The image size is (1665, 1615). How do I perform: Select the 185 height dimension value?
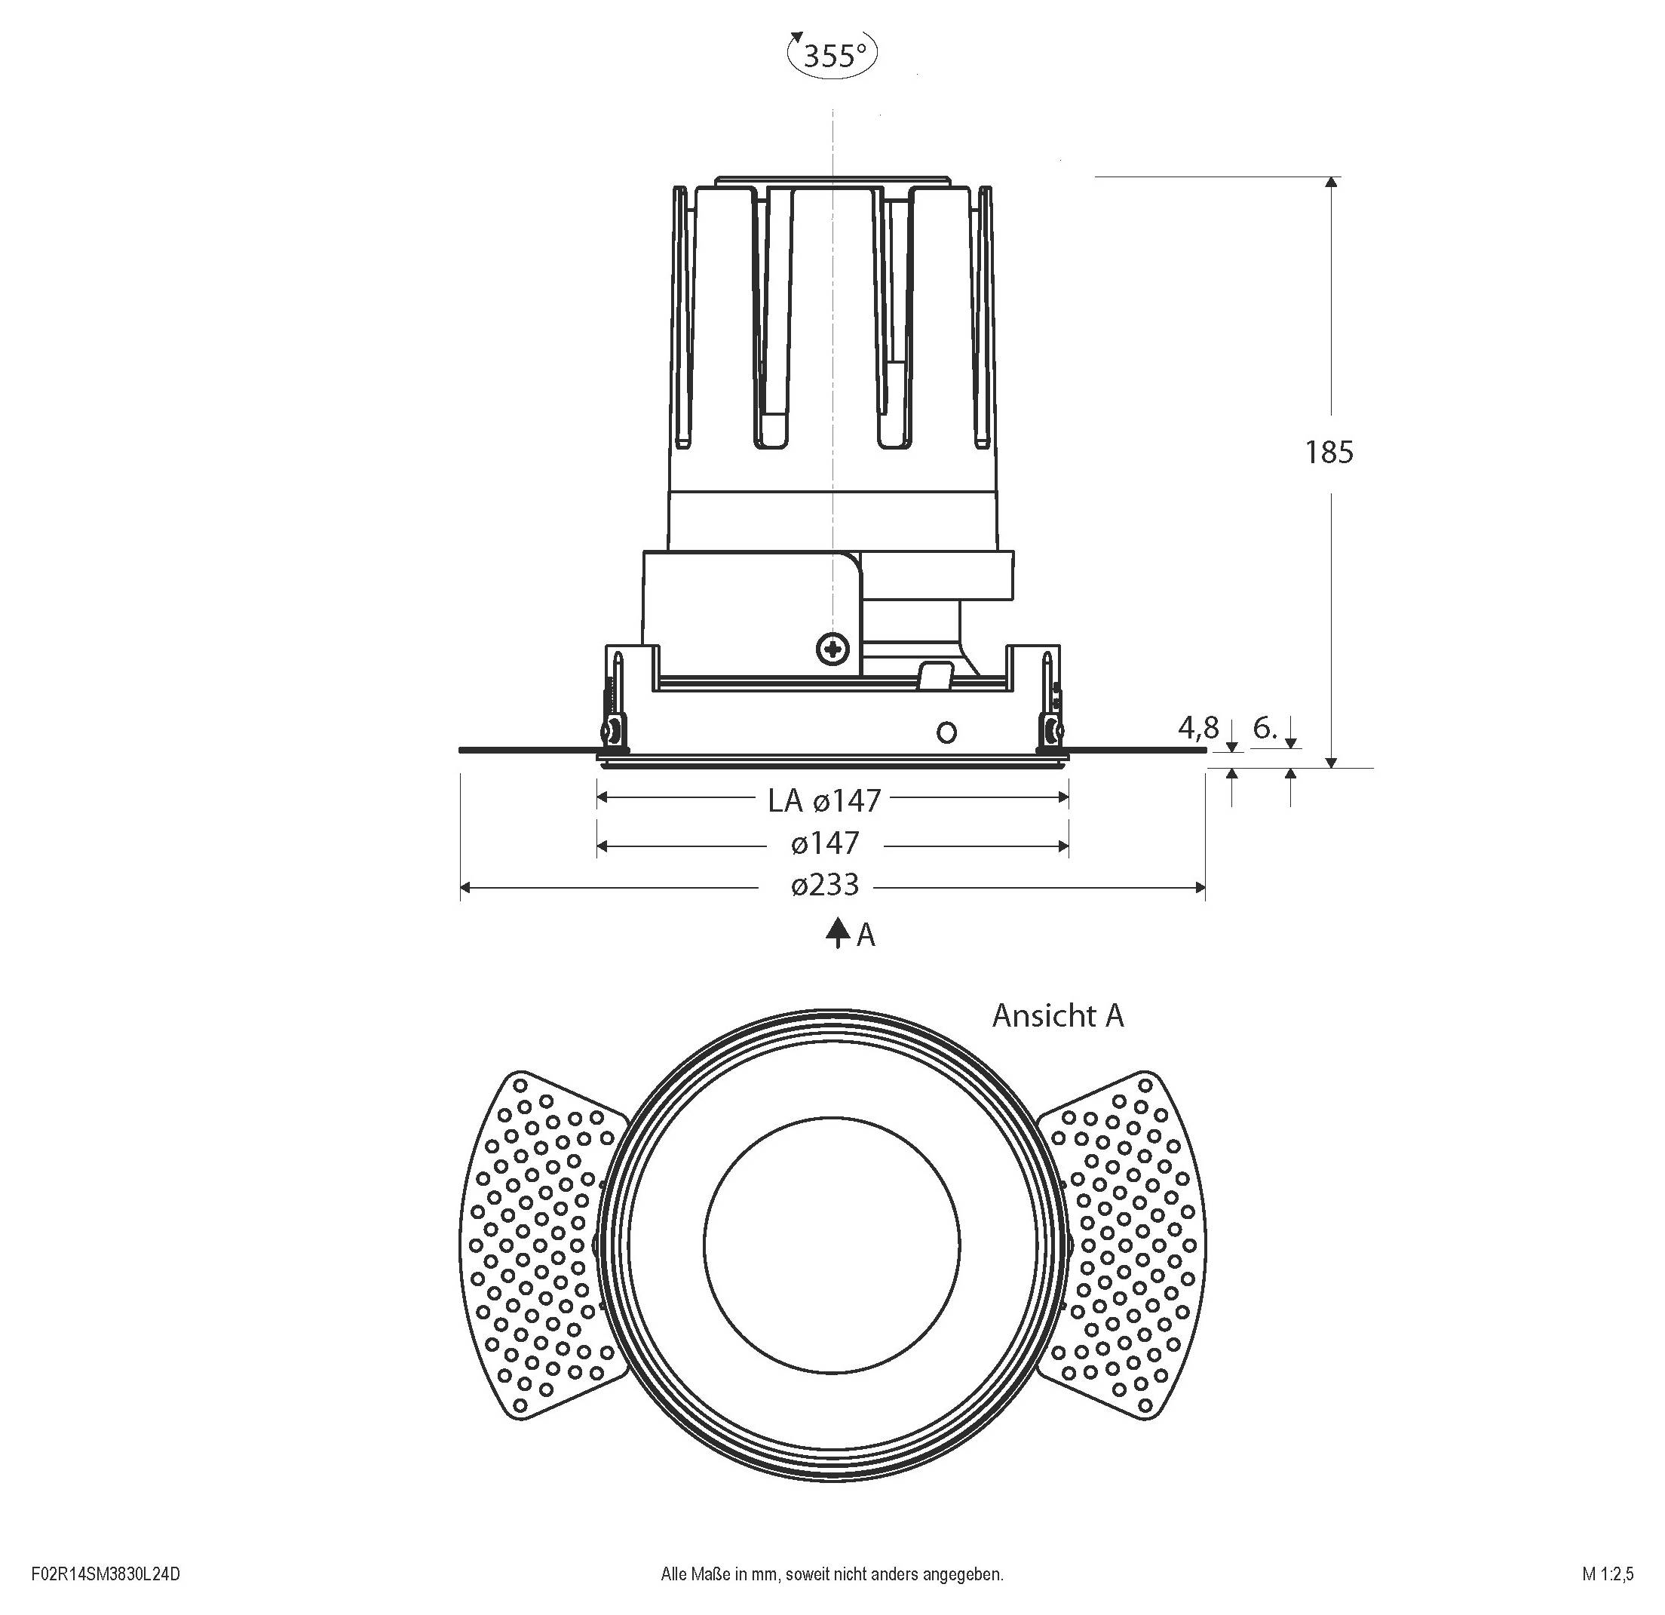1329,453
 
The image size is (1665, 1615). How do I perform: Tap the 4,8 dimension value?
1197,727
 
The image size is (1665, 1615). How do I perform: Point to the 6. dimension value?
1265,727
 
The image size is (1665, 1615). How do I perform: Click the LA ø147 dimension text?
824,800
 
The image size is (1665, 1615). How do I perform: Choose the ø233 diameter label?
825,886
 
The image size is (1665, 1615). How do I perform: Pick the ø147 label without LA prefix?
825,843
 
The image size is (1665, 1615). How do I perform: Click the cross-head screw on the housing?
832,650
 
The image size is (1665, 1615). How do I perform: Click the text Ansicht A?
1058,1015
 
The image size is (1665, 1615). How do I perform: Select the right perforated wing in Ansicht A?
1128,1244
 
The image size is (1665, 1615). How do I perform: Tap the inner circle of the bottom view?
832,1244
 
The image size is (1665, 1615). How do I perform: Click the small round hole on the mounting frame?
946,732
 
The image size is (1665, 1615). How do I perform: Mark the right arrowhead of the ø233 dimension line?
1200,889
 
